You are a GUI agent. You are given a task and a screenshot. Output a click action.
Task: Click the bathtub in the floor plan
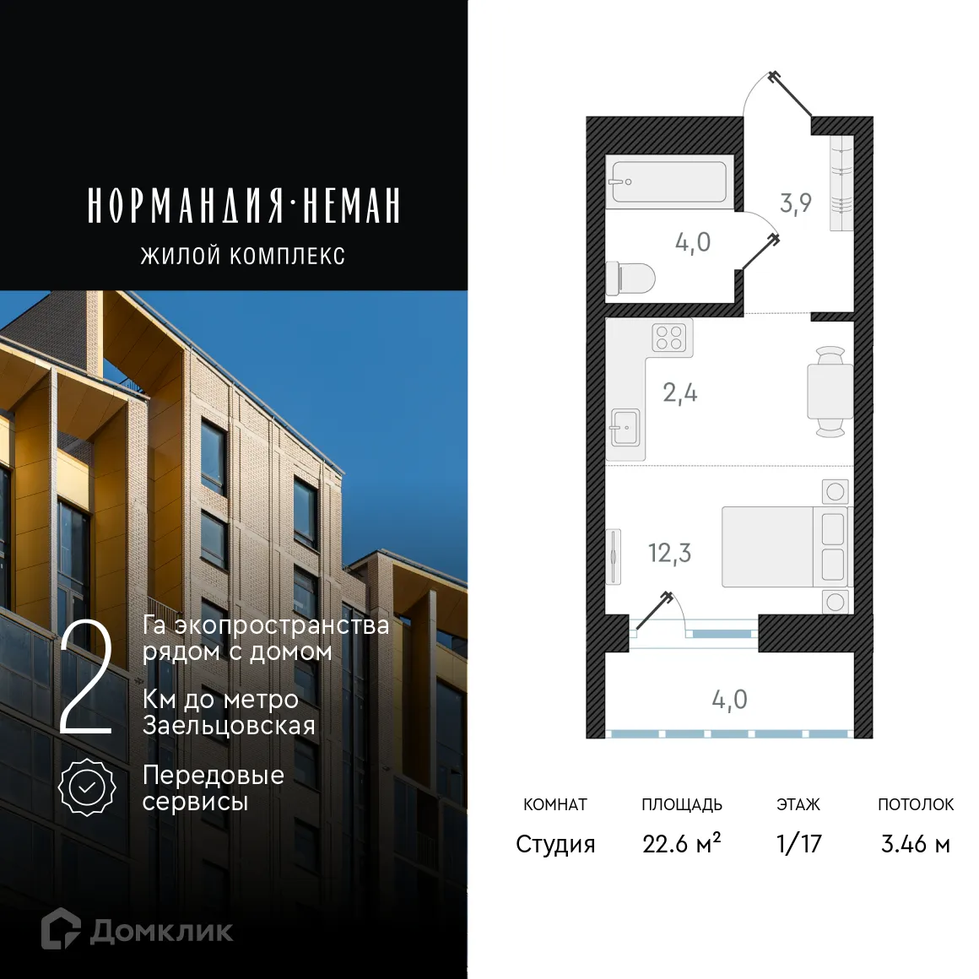668,181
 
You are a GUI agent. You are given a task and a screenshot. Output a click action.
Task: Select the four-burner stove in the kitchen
669,338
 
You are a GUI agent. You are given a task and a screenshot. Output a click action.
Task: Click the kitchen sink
625,427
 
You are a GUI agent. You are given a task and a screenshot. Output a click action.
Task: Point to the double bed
785,547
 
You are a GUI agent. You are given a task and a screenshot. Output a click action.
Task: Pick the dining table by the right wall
830,392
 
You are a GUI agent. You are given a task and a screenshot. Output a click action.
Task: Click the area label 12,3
669,554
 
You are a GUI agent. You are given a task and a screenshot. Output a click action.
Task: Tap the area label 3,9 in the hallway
796,203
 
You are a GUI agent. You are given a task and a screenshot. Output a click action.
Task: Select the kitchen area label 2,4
680,393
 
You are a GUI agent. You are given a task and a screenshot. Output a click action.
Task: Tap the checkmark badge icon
87,787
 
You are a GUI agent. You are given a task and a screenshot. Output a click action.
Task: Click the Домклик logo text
160,931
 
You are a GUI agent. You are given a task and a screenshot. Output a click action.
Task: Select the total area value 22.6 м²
681,843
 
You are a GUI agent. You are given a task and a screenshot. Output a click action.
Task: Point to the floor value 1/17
798,843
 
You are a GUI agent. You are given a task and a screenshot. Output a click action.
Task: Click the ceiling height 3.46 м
915,843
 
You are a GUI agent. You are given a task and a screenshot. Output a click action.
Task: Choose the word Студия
555,843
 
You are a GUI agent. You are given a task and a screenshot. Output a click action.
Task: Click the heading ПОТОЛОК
915,804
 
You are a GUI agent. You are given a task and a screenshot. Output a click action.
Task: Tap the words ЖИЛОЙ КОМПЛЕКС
243,256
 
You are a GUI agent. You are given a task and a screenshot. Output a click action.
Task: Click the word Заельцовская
229,725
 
